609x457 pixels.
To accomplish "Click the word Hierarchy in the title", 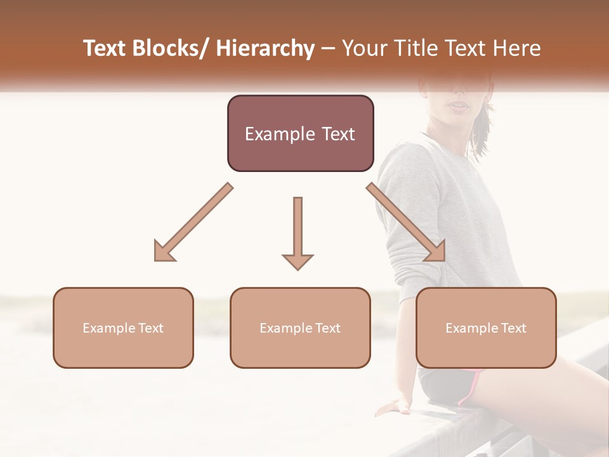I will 265,48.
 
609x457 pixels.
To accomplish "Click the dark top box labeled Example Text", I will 300,133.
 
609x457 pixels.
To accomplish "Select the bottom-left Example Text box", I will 123,328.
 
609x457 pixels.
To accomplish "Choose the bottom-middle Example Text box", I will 300,328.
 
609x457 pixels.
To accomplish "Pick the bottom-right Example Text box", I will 486,328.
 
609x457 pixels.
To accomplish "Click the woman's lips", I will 457,105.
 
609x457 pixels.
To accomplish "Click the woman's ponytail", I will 485,127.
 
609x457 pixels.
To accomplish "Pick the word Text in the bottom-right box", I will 513,328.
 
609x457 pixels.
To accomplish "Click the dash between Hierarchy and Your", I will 328,48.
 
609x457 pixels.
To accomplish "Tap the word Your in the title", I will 362,48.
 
